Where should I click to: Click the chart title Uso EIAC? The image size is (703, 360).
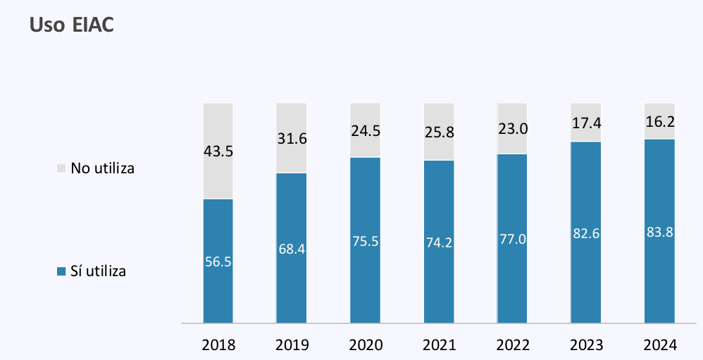(72, 25)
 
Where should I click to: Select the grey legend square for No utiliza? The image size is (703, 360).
(61, 169)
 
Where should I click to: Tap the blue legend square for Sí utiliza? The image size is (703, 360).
(61, 271)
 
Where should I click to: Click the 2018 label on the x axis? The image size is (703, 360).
(218, 345)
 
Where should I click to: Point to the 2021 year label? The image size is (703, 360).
(439, 345)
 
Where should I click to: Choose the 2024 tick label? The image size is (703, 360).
(660, 345)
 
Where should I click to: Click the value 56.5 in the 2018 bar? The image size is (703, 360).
(218, 261)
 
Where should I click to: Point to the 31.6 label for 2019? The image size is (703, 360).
(292, 138)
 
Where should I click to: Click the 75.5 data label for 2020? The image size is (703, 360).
(365, 241)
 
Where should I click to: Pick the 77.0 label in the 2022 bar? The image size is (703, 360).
(512, 239)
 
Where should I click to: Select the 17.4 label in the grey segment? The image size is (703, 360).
(586, 122)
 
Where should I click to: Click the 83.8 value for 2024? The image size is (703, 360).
(659, 232)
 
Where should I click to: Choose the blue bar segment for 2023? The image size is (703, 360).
(586, 282)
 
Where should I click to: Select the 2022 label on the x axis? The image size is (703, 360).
(512, 345)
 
